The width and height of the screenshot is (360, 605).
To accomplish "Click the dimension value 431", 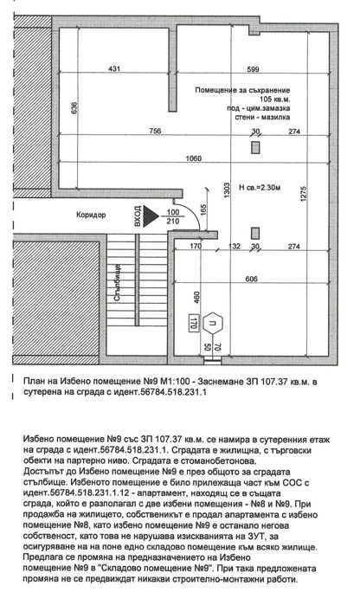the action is [x=114, y=68].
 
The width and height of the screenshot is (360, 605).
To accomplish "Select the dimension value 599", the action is [x=253, y=69].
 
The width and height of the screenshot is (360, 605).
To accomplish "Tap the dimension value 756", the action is [x=155, y=131].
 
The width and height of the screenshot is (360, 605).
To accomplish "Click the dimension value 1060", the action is [x=193, y=158].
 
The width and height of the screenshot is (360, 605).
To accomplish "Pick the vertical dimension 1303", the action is [x=227, y=191].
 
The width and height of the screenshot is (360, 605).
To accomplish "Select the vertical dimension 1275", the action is [x=303, y=194].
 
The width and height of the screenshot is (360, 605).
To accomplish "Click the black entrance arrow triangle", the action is [x=151, y=216].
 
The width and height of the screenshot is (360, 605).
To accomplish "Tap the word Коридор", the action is [x=91, y=215].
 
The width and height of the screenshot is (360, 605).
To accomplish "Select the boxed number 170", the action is [x=193, y=322].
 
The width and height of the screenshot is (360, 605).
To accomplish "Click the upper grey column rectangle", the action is [x=254, y=147].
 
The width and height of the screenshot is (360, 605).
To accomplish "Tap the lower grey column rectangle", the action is [x=254, y=234].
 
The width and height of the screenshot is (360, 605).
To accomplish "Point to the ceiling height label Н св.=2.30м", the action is [x=260, y=188].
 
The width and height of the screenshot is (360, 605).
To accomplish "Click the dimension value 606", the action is [x=251, y=279].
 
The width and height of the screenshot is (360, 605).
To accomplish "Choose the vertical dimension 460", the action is [x=196, y=298].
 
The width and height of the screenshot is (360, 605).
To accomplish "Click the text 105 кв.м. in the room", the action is [x=274, y=100].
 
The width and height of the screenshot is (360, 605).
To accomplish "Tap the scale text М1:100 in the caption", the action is [x=175, y=382].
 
